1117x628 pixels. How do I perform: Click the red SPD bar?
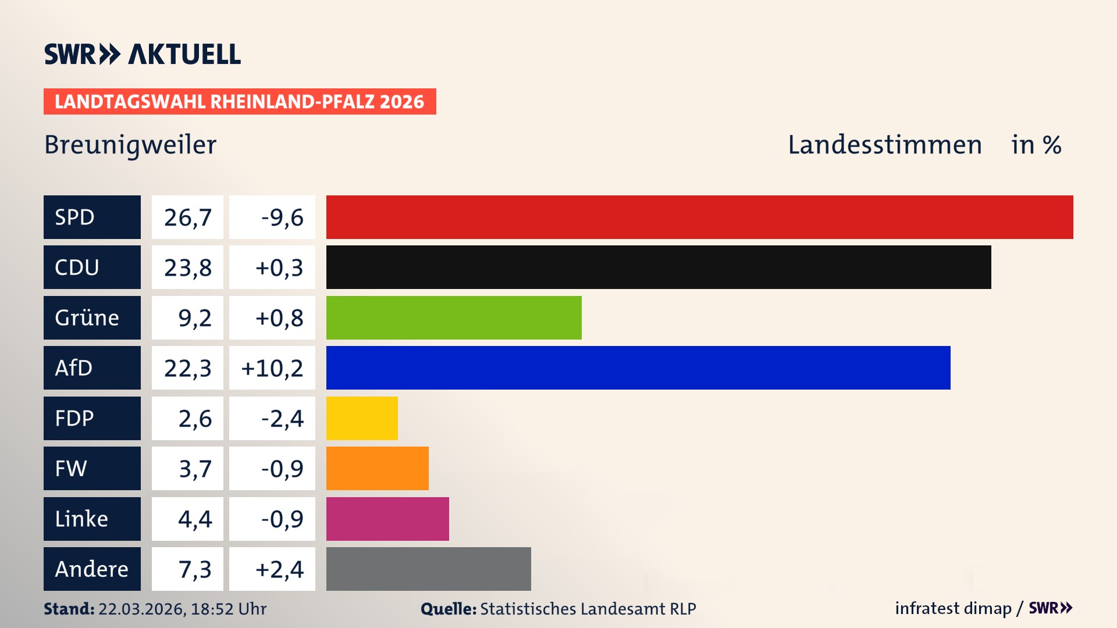[699, 217]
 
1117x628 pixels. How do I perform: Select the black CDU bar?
[659, 267]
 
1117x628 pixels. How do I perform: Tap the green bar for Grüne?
[454, 317]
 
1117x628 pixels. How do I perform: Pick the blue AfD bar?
[638, 367]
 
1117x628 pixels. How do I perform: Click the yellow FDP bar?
[362, 418]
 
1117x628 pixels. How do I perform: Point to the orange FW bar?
[377, 468]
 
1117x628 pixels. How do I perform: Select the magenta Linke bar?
[387, 519]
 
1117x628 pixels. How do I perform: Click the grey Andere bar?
[428, 569]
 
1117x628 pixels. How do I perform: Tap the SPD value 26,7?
[187, 217]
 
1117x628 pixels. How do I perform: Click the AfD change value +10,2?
[272, 368]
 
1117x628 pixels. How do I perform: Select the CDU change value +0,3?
[279, 267]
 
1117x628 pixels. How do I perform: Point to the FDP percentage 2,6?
[195, 419]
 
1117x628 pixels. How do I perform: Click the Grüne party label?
[87, 317]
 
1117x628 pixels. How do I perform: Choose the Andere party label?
[91, 569]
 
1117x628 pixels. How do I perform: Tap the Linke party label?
[81, 519]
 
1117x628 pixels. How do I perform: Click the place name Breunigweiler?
[130, 145]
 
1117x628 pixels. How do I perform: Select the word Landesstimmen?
[884, 145]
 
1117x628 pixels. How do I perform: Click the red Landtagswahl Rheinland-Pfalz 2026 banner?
[240, 102]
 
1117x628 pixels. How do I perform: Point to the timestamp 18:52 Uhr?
[228, 609]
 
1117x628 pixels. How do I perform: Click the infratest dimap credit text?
[953, 608]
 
